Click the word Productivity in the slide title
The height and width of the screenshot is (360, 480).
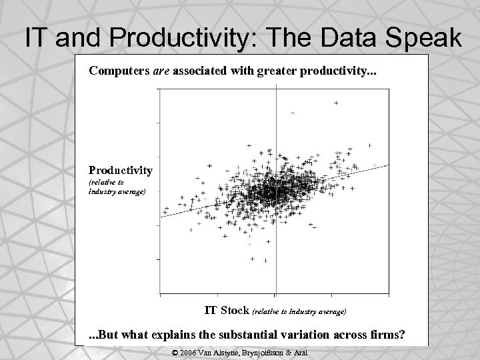pos(167,38)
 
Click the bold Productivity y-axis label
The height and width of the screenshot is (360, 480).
pos(121,171)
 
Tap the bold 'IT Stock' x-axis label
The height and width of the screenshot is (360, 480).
pos(225,310)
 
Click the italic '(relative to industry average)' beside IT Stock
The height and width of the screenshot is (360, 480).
pos(298,311)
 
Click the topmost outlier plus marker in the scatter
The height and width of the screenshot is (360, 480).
pos(335,103)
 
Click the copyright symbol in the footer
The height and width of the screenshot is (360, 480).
pos(175,352)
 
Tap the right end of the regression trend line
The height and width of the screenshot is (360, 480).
pos(386,166)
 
